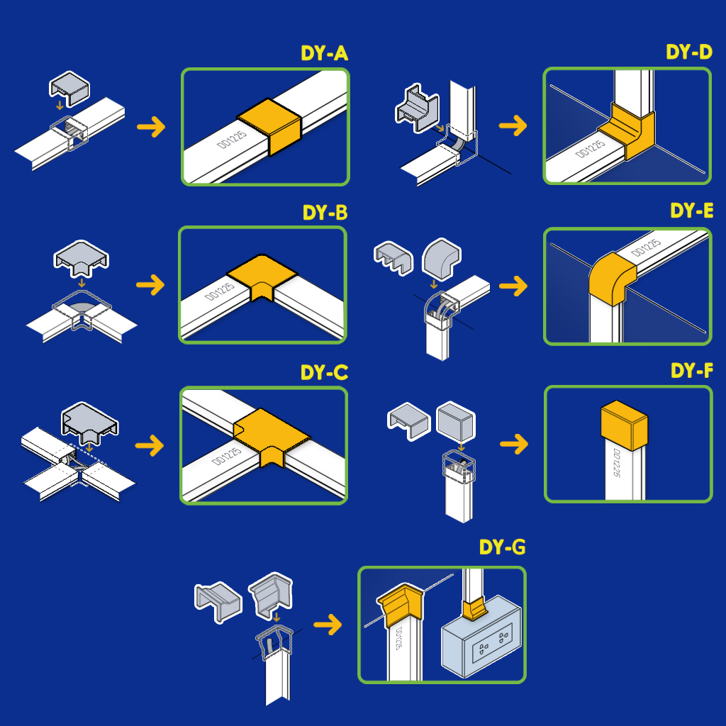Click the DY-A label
coord(324,54)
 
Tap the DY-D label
coord(688,53)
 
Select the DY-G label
coord(502,547)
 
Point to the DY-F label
coord(691,371)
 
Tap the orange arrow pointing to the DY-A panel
coord(150,127)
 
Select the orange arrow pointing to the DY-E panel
coord(513,286)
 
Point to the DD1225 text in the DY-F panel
coord(616,464)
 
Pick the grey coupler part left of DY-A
coord(69,86)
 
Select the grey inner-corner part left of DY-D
coord(419,106)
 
